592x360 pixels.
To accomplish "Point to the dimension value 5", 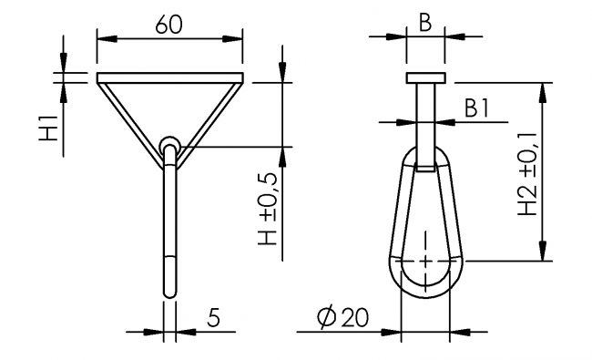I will pos(213,317).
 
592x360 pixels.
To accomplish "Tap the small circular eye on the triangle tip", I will pos(169,145).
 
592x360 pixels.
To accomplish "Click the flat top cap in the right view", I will pos(424,77).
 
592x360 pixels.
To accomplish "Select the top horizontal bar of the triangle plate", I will pos(169,76).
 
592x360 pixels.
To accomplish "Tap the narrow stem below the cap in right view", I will pos(424,109).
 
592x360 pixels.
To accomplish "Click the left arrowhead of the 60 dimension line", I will pos(101,39).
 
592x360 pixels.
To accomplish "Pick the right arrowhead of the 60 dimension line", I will pos(238,39).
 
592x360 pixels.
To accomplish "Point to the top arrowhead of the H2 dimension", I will pos(545,87).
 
